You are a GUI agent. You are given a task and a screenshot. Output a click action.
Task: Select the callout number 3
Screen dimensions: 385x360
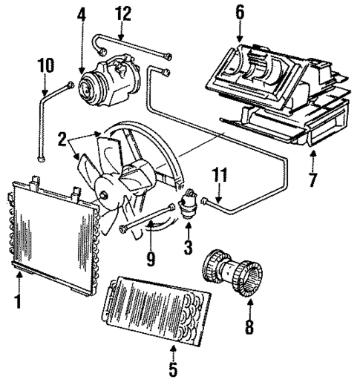(x=188, y=245)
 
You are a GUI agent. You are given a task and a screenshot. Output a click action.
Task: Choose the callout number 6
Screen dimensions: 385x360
(x=239, y=13)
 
